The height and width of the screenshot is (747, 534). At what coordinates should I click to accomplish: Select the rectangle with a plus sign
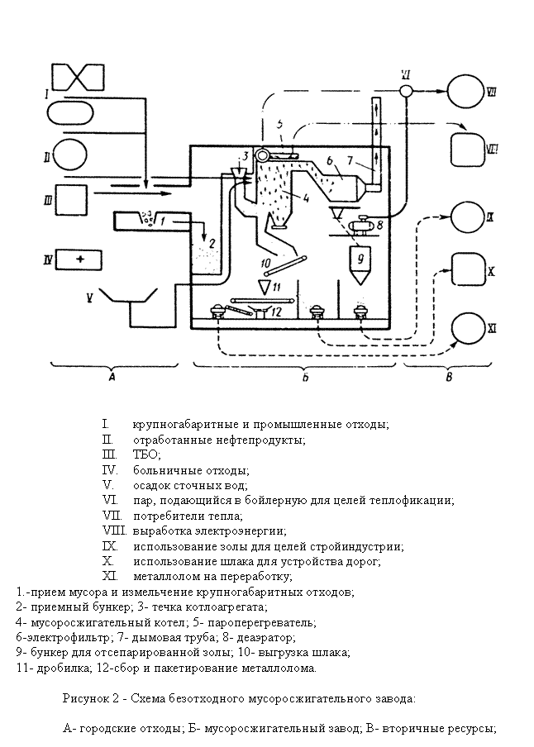pos(78,259)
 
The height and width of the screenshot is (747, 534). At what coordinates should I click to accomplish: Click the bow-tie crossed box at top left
pos(78,78)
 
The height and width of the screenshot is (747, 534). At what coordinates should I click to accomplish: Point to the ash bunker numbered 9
pos(360,263)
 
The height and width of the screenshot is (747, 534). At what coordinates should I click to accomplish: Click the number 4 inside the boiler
pos(285,197)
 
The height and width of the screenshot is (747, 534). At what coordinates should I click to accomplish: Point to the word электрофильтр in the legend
pos(59,637)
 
